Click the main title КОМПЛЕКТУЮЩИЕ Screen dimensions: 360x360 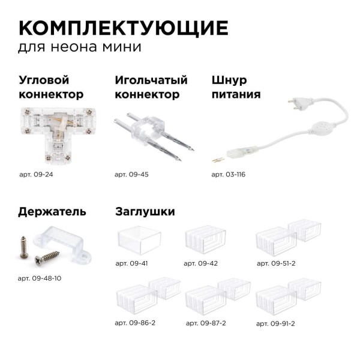123,28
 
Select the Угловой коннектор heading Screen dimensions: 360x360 51,87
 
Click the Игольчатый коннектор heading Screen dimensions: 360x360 151,87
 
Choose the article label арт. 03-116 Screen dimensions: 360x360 229,175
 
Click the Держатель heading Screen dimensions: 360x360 52,211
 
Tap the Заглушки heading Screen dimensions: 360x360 145,211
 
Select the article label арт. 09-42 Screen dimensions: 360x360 200,263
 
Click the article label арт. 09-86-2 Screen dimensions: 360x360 135,323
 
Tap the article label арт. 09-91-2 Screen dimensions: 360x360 275,323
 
